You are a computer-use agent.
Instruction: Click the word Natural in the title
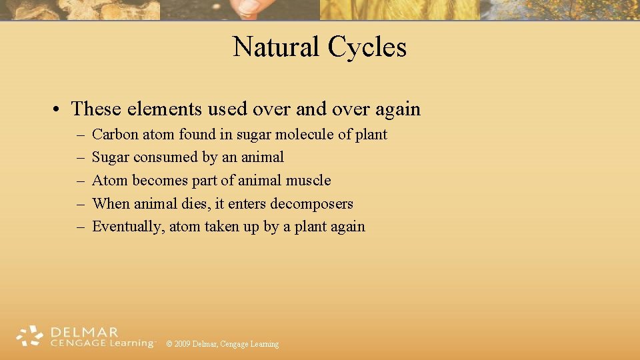tap(276, 47)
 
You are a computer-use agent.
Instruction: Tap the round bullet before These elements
tap(59, 109)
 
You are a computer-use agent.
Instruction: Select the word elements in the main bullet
tap(168, 109)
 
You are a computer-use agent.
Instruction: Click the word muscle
tap(308, 181)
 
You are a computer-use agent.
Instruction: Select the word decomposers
tap(311, 204)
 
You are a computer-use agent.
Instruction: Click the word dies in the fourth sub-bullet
tap(195, 204)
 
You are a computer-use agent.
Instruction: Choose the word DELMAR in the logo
tap(84, 332)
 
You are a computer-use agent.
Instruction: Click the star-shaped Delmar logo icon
tap(29, 337)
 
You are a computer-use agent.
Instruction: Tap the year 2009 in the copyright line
tap(183, 344)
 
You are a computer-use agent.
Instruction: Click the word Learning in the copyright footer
tap(264, 344)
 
